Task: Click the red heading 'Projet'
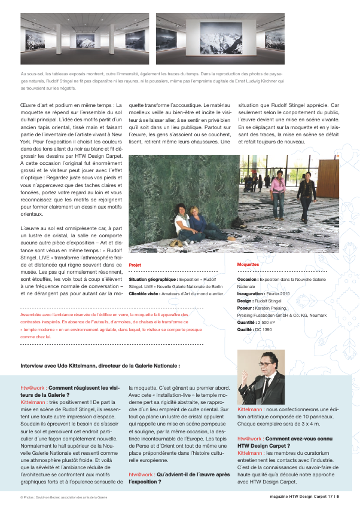pyautogui.click(x=135, y=264)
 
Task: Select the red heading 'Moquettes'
pyautogui.click(x=248, y=264)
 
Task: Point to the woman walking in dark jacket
pyautogui.click(x=306, y=194)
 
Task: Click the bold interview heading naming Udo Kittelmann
pyautogui.click(x=100, y=365)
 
